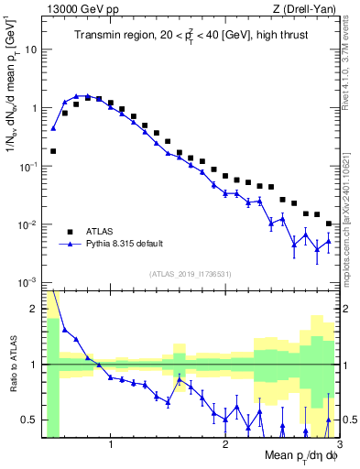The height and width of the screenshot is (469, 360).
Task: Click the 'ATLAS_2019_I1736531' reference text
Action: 191,274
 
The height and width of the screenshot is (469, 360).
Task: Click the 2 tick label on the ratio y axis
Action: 34,309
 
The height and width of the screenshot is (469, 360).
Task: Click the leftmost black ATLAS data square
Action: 53,151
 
